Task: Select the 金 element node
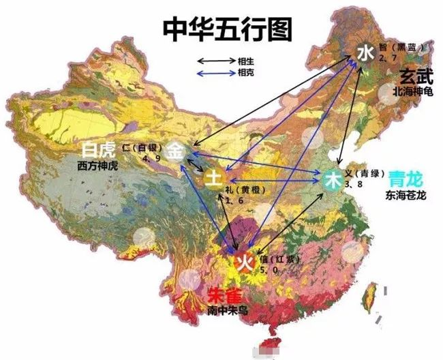pyautogui.click(x=176, y=150)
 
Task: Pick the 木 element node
pyautogui.click(x=333, y=181)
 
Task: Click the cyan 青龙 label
pyautogui.click(x=405, y=180)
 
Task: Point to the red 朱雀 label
pyautogui.click(x=222, y=297)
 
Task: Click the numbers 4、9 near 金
pyautogui.click(x=151, y=158)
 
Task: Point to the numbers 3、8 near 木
pyautogui.click(x=352, y=184)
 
